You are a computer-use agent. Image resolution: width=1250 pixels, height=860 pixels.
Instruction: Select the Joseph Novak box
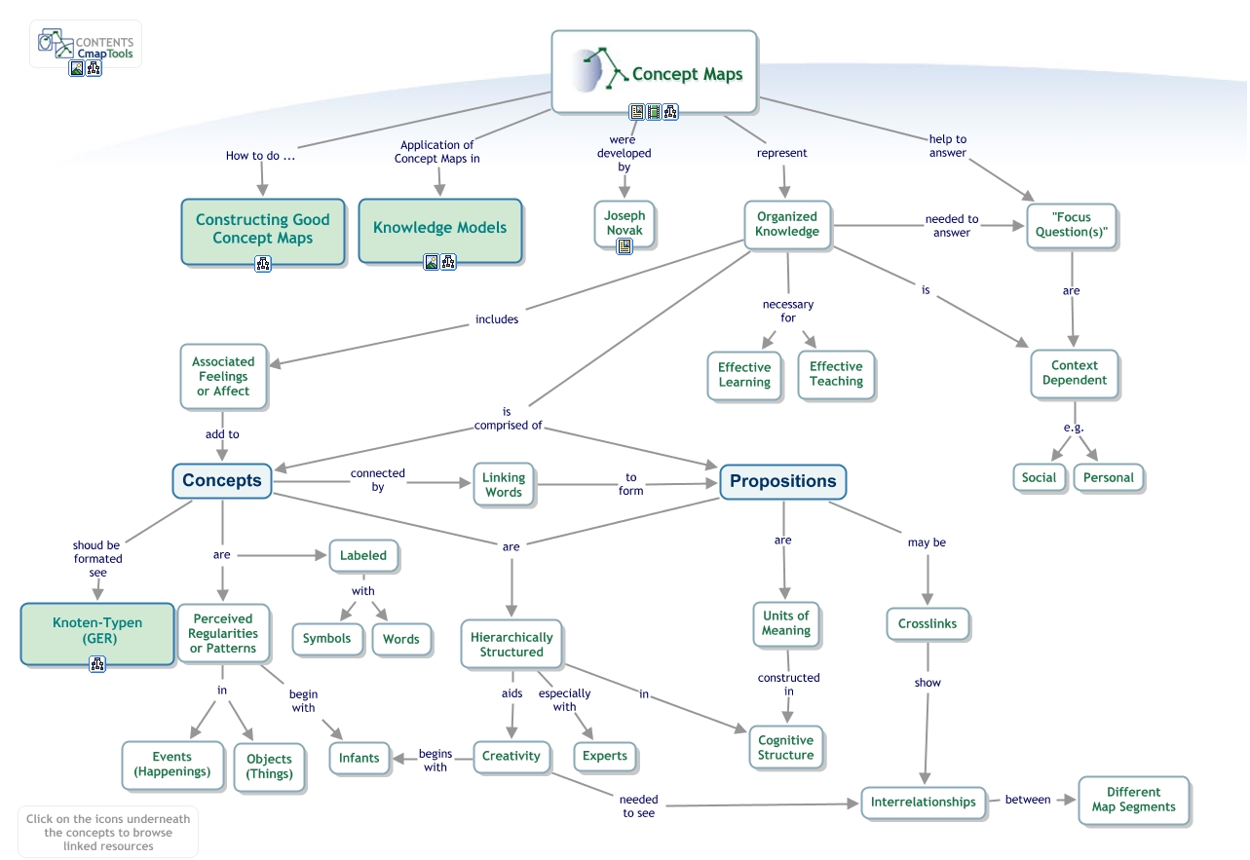pyautogui.click(x=625, y=222)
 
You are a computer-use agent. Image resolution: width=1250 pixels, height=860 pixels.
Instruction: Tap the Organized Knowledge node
pyautogui.click(x=787, y=224)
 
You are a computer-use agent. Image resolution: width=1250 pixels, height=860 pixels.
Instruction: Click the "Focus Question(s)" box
pyautogui.click(x=1072, y=225)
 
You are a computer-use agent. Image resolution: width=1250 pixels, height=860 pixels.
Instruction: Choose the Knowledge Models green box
pyautogui.click(x=439, y=228)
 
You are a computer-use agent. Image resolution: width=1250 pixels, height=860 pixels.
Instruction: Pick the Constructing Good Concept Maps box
pyautogui.click(x=262, y=229)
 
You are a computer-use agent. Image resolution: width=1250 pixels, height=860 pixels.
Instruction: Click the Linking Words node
pyautogui.click(x=504, y=484)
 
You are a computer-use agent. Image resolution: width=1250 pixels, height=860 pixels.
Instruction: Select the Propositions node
pyautogui.click(x=782, y=481)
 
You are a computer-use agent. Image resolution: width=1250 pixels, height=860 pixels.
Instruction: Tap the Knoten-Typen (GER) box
pyautogui.click(x=97, y=631)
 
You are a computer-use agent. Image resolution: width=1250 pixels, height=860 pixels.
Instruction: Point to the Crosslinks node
pyautogui.click(x=928, y=623)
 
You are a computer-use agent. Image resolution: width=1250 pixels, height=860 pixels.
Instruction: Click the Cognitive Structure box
pyautogui.click(x=785, y=747)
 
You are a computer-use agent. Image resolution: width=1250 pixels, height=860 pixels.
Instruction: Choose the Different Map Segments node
pyautogui.click(x=1133, y=800)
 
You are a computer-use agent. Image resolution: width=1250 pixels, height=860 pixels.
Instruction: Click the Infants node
pyautogui.click(x=360, y=758)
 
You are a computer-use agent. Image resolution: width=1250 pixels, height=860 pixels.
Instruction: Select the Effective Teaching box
pyautogui.click(x=836, y=374)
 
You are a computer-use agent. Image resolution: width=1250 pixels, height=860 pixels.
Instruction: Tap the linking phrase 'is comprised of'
pyautogui.click(x=508, y=419)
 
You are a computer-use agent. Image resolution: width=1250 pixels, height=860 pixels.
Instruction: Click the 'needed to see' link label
pyautogui.click(x=639, y=805)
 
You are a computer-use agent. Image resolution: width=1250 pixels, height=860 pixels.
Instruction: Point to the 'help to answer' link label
pyautogui.click(x=947, y=145)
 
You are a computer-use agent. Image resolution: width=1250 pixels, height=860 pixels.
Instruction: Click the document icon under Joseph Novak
pyautogui.click(x=625, y=247)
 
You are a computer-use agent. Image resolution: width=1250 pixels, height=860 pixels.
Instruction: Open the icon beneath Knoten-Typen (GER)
pyautogui.click(x=97, y=664)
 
